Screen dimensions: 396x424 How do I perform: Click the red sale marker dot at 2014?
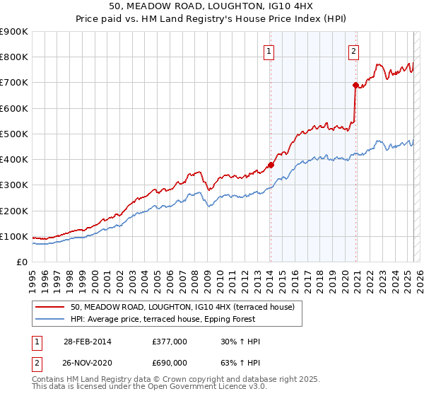[x=271, y=165]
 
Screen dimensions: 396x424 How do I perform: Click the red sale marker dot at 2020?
[x=355, y=85]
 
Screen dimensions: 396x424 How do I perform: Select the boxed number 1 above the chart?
[x=270, y=50]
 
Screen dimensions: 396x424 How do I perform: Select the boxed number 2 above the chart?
[x=353, y=50]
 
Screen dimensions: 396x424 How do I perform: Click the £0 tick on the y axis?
[x=21, y=262]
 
